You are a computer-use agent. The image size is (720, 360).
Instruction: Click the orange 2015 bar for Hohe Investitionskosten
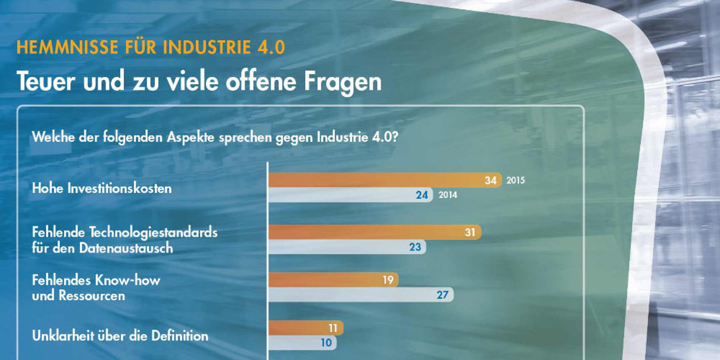[384, 181]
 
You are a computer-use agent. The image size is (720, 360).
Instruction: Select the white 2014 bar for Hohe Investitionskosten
[351, 195]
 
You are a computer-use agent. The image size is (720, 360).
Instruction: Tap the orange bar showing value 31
[374, 232]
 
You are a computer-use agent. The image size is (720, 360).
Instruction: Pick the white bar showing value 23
[347, 247]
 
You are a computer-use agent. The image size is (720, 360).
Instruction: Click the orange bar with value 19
[333, 280]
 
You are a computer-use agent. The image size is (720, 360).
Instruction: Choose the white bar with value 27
[360, 295]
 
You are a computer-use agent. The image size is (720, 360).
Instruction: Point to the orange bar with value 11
[305, 328]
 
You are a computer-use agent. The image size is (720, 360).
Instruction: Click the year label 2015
[516, 181]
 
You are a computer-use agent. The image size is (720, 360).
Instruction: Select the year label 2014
[447, 195]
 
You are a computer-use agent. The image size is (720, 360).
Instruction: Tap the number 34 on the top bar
[491, 181]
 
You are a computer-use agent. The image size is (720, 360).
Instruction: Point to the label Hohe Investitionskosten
[101, 189]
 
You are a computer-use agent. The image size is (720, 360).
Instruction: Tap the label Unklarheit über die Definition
[120, 336]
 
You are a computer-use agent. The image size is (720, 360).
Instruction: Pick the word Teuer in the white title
[43, 82]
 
